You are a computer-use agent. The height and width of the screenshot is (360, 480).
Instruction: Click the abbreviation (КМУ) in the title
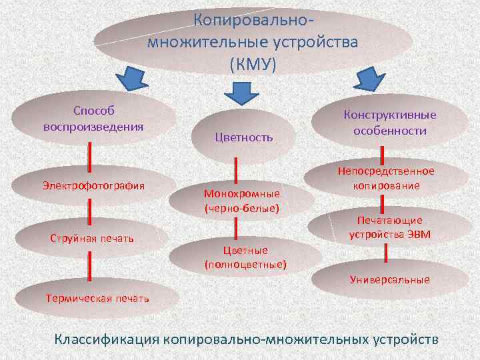(x=252, y=65)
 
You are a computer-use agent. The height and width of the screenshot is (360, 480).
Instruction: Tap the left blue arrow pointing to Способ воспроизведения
(x=137, y=79)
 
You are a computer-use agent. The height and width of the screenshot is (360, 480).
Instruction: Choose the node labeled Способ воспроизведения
(x=94, y=117)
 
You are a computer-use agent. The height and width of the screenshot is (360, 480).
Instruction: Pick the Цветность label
(x=244, y=137)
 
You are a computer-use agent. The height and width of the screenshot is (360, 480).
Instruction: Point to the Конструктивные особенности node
(x=390, y=123)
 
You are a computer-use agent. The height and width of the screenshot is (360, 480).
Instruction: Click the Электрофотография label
(x=93, y=185)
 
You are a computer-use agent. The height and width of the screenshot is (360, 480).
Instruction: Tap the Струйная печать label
(x=92, y=239)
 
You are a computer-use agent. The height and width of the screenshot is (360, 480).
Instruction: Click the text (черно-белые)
(x=241, y=209)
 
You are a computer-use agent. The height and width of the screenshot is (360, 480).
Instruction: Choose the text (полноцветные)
(x=245, y=264)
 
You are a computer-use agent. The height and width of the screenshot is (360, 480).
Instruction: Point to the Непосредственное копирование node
(x=386, y=179)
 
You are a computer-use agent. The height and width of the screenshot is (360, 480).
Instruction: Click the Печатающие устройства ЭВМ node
(x=390, y=227)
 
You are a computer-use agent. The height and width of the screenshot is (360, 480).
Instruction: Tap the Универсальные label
(x=390, y=279)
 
